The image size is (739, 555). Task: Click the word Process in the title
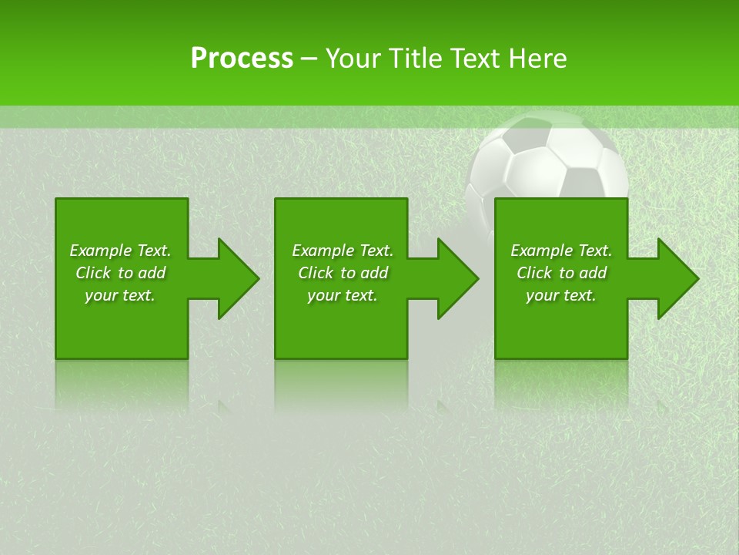point(241,59)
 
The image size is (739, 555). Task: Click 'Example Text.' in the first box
point(120,251)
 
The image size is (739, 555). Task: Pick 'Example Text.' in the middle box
point(343,251)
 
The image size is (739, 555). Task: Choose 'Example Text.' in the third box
point(561,251)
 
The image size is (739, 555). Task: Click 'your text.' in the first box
point(120,295)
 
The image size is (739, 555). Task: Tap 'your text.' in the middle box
point(343,295)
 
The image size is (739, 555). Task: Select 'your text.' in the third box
point(561,295)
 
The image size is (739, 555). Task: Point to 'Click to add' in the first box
point(120,273)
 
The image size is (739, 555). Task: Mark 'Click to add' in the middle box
point(343,273)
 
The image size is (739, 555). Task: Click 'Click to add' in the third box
point(561,273)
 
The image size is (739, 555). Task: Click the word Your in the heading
point(351,59)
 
